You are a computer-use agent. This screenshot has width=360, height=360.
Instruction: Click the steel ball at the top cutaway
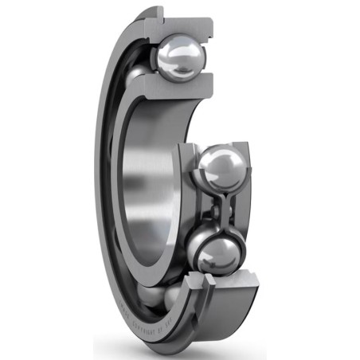[x=182, y=57]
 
